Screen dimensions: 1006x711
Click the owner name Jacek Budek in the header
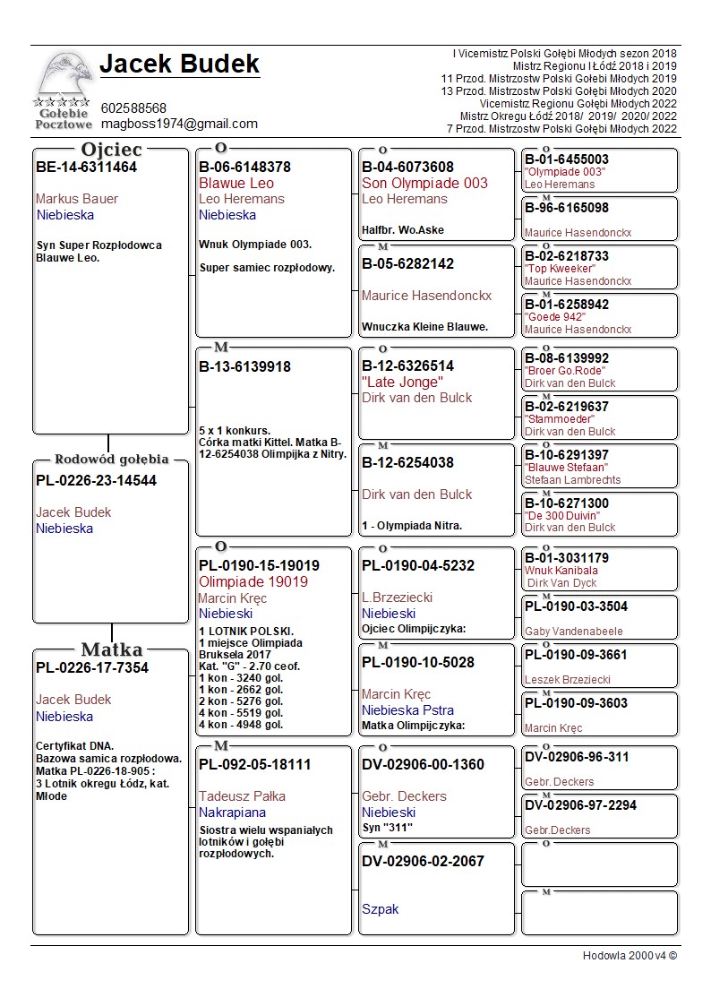[x=179, y=64]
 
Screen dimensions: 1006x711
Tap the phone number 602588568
[x=133, y=108]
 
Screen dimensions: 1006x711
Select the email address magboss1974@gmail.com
[x=179, y=124]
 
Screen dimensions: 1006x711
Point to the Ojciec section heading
[x=111, y=149]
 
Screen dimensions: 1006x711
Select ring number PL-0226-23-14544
[x=96, y=481]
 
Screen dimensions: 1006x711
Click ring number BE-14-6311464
[x=86, y=168]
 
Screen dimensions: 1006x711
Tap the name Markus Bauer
[x=77, y=199]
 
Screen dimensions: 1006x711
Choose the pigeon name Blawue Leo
[x=236, y=184]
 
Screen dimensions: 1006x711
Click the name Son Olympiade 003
[x=424, y=184]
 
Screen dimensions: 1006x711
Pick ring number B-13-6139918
[x=244, y=367]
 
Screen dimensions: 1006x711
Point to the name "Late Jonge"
[x=402, y=383]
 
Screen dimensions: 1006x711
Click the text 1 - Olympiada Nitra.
[x=412, y=526]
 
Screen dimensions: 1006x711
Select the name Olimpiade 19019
[x=253, y=582]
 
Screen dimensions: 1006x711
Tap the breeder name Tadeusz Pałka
[x=242, y=796]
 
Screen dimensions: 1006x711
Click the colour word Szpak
[x=380, y=909]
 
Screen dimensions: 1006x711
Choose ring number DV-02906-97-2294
[x=580, y=805]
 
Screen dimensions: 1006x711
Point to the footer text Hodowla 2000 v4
[x=630, y=956]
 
